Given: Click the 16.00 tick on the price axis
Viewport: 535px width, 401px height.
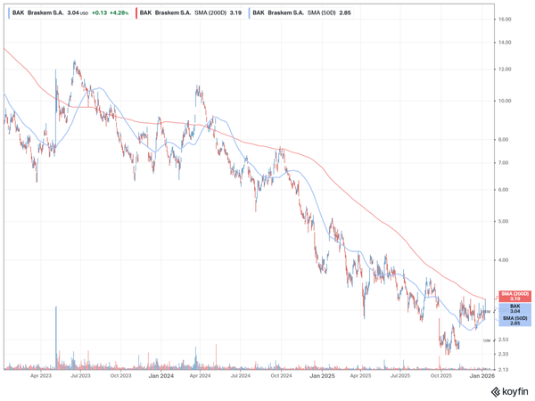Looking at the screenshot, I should (x=505, y=18).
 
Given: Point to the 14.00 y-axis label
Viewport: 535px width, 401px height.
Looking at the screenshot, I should (x=505, y=43).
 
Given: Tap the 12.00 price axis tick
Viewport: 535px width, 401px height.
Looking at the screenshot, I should (x=505, y=69).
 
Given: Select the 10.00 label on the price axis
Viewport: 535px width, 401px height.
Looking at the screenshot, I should (x=505, y=101).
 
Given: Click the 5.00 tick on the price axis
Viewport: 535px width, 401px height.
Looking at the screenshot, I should (x=504, y=221).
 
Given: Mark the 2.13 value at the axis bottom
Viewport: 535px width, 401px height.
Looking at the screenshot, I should (x=504, y=369).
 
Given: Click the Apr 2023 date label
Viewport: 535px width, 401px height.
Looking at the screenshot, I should (x=39, y=377).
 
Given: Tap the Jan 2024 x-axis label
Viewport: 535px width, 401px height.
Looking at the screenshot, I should (x=160, y=377).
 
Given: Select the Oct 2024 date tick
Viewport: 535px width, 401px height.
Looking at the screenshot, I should (x=281, y=377).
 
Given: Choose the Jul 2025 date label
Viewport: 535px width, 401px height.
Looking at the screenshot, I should (x=401, y=377).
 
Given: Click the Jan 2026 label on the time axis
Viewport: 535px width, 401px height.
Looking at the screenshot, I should (x=481, y=377).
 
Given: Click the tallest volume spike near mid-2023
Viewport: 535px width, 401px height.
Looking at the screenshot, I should (x=56, y=337).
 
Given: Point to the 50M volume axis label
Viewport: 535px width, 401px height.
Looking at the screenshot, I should (x=487, y=340).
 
